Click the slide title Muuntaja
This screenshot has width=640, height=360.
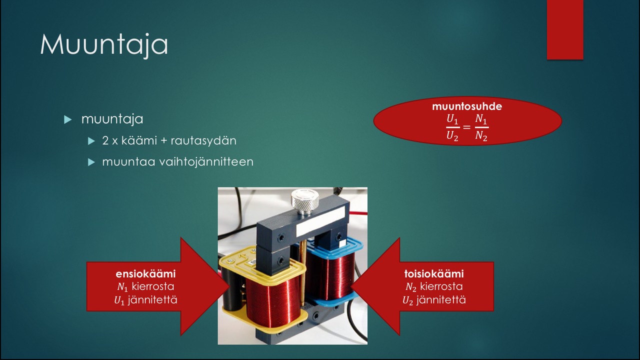pos(104,45)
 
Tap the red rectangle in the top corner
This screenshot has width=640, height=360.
pos(565,29)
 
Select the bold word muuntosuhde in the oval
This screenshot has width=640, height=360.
pos(467,106)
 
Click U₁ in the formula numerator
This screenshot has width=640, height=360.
pos(453,119)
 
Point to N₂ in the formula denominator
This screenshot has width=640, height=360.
pos(481,136)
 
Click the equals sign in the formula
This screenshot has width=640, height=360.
pos(466,127)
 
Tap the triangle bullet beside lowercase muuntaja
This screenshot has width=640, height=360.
pos(67,119)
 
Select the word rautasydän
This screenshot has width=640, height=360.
pos(203,140)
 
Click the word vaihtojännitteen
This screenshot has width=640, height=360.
pos(206,162)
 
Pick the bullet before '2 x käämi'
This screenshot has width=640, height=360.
pos(91,141)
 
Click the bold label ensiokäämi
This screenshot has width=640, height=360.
pos(145,273)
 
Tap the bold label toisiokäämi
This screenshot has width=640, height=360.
pos(434,273)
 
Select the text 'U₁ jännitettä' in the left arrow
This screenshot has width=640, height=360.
pos(145,300)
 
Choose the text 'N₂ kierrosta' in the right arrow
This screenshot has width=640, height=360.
pos(434,286)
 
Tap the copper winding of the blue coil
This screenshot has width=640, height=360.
pos(331,274)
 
